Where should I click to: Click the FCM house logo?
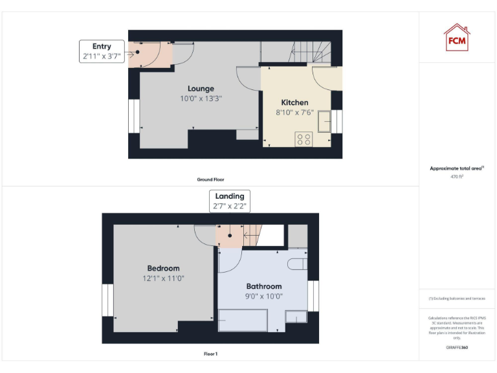[457, 37]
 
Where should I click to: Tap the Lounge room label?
[201, 89]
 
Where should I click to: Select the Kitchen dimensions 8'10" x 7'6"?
[294, 112]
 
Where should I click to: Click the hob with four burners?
[304, 139]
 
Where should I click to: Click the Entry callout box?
[102, 52]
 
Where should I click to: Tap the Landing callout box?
[229, 201]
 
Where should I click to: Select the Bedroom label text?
[163, 268]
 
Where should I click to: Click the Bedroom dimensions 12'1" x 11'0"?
[163, 278]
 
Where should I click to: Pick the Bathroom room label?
[264, 286]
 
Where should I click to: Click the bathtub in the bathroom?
[243, 320]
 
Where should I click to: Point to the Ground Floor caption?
[211, 179]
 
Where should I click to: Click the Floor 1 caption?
[211, 354]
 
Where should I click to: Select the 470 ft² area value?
[457, 176]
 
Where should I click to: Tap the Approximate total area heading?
[457, 168]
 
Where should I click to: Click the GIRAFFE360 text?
[457, 348]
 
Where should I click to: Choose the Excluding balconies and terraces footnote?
[457, 299]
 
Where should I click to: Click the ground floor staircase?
[311, 52]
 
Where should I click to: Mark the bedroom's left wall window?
[107, 301]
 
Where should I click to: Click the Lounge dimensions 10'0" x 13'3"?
[201, 99]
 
